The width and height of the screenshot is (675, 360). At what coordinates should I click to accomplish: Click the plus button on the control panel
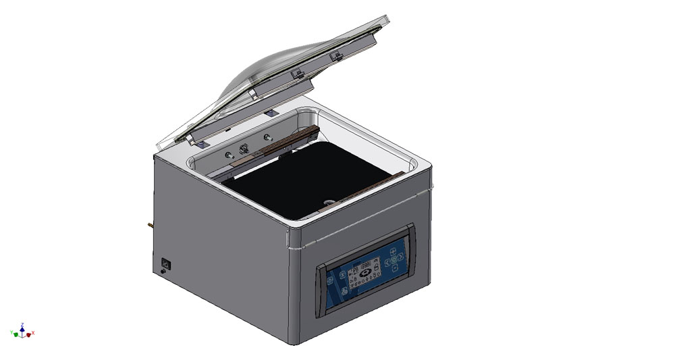[x=392, y=251]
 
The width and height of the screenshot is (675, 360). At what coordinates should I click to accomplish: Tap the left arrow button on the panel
[x=387, y=262]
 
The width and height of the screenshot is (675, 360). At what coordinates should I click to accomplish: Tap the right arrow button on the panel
[x=400, y=257]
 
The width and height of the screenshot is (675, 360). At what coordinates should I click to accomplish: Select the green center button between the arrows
[x=394, y=259]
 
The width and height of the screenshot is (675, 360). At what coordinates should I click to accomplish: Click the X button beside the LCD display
[x=342, y=275]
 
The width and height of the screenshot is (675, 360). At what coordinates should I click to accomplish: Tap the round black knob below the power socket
[x=162, y=272]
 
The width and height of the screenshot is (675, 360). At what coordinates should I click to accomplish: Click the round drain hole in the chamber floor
[x=327, y=201]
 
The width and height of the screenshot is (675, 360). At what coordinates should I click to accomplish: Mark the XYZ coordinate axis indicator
[x=22, y=331]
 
